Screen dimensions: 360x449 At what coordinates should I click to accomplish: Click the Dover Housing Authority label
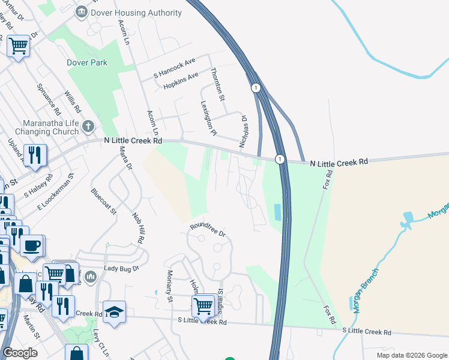point(137,13)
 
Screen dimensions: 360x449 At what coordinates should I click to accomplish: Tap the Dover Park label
point(88,62)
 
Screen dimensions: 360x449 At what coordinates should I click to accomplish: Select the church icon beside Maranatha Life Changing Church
point(88,126)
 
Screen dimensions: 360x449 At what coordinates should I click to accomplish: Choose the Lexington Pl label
point(207,117)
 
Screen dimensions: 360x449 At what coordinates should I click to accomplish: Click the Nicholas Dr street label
point(243,131)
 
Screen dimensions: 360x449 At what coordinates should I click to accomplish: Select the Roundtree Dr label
point(207,230)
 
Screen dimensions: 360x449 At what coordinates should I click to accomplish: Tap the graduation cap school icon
point(114,311)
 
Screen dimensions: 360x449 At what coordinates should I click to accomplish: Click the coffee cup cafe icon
point(32,245)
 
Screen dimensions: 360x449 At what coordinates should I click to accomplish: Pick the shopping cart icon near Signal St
point(203,305)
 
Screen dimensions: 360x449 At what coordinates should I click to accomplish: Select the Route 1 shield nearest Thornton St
point(256,88)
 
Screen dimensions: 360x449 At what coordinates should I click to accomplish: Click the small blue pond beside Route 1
point(276,212)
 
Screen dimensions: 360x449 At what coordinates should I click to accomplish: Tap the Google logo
point(20,352)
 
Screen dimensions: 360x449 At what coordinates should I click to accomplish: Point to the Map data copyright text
point(412,355)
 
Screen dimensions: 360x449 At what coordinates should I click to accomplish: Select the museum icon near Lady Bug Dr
point(91,276)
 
